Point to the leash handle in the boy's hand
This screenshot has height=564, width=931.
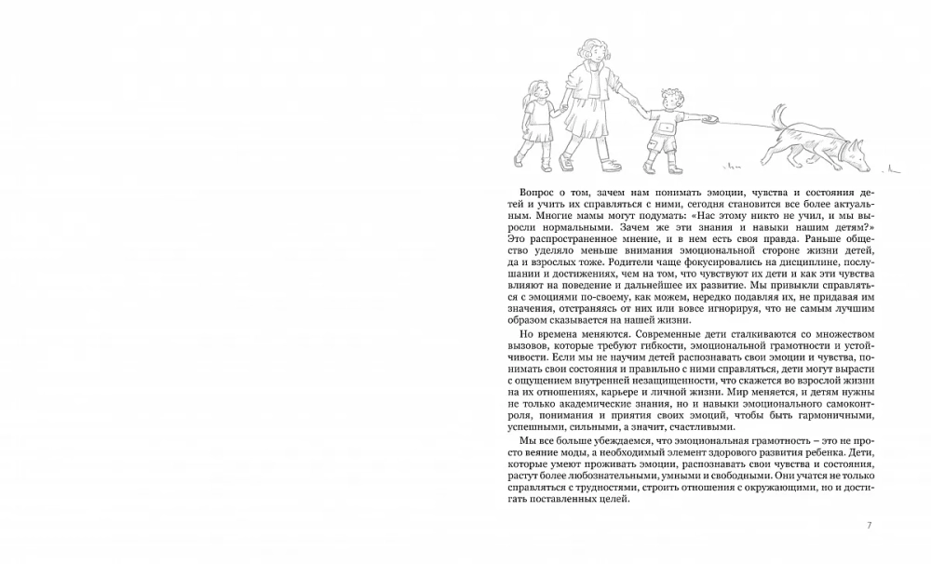(x=712, y=118)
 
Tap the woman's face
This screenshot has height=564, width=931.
(x=593, y=58)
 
